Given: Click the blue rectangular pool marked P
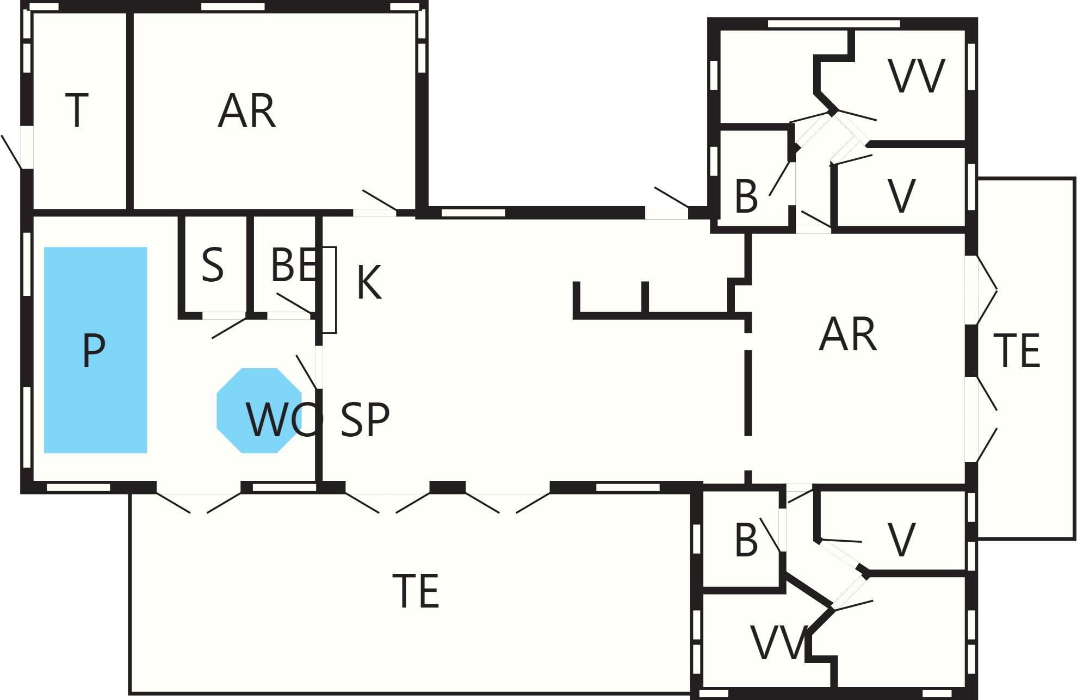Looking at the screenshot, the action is [95, 350].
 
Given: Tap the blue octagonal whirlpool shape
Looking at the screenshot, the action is [259, 411].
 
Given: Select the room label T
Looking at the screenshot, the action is [77, 110].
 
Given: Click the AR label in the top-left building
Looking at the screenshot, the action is [246, 110].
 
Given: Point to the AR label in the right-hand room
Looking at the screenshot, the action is [848, 334].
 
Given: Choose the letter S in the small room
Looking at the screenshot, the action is [213, 265].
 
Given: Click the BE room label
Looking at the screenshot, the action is [294, 265].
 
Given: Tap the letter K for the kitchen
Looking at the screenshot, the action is [369, 282].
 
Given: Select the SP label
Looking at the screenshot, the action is [365, 419].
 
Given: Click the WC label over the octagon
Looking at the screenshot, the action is [284, 419].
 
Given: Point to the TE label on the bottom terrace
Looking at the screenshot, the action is [416, 591].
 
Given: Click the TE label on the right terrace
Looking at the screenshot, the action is [1017, 351].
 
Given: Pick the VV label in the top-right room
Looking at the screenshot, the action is [917, 76].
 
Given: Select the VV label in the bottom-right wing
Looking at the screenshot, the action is [778, 642].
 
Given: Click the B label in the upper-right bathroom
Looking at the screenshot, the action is [746, 196].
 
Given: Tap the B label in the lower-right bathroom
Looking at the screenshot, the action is [746, 540].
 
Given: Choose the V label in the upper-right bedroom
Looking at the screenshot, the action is [902, 196].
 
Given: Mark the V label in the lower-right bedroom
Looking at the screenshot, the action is [902, 540].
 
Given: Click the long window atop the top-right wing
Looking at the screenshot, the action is [834, 24].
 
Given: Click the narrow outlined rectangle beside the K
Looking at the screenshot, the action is [329, 290].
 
